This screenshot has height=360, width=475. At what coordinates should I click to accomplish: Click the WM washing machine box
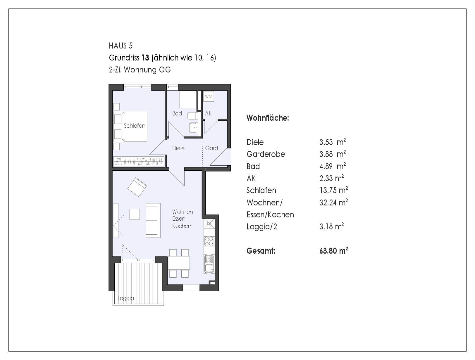coord(208,96)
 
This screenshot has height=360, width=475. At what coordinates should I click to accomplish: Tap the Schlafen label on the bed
coord(134,126)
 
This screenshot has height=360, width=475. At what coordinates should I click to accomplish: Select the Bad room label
coord(177,113)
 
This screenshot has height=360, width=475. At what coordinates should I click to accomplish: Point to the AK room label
coord(208,113)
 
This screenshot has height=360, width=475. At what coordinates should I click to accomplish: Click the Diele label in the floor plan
coord(178,148)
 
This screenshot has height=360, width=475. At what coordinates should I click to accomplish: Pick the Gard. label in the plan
coord(212,148)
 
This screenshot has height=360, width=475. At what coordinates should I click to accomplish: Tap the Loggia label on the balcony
coord(126,298)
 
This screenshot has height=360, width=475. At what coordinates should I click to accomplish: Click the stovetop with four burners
coord(209,241)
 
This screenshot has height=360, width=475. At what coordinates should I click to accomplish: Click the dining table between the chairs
coord(179,263)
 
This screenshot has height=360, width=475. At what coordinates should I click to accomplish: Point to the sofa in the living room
coord(153,221)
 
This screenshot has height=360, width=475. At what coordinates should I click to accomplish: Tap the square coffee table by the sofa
coord(134,214)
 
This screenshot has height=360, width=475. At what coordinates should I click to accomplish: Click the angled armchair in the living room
coord(137,187)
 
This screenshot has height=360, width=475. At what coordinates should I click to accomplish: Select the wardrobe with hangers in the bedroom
coord(139,161)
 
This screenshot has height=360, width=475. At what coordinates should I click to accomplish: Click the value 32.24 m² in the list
coord(333,202)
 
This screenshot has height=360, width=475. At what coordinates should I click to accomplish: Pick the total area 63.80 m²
coord(333,251)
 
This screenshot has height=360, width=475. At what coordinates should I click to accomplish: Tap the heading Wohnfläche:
coord(268,118)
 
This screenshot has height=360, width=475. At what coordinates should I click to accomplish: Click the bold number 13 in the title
coord(145,58)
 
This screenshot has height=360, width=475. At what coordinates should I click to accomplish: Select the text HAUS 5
coord(121,46)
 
